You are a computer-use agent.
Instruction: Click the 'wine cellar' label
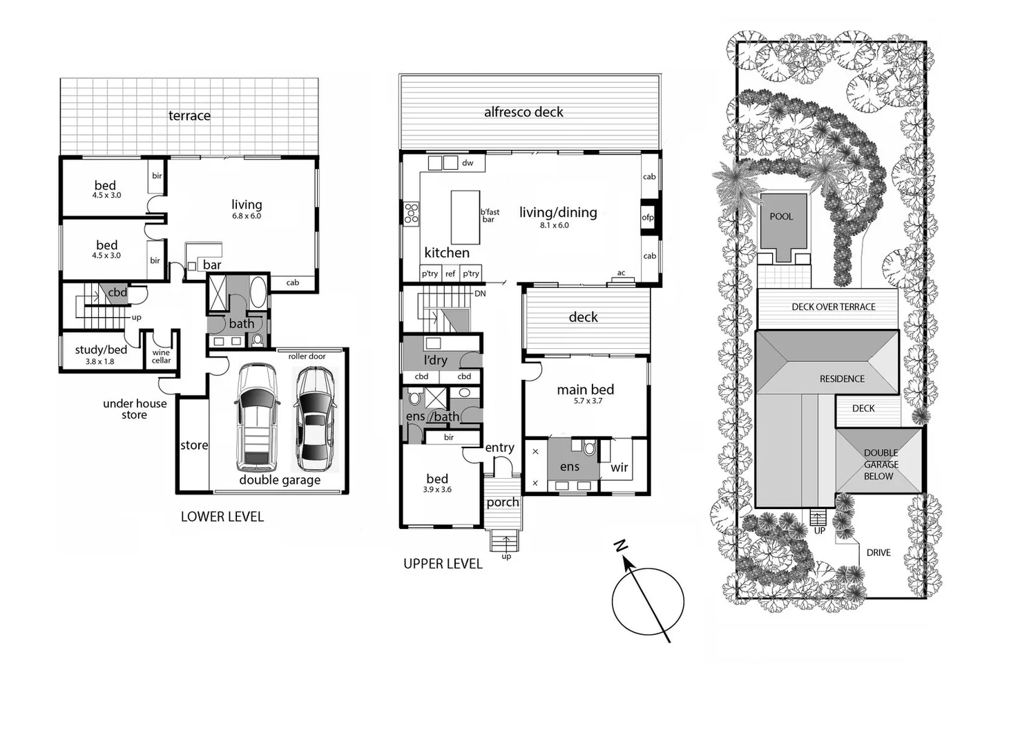[x=161, y=356]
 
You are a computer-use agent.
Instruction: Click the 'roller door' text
[x=307, y=356]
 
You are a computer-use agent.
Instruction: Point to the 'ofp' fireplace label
[x=648, y=218]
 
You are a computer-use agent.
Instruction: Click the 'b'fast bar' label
[x=490, y=216]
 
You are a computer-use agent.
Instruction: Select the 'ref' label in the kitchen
[x=450, y=274]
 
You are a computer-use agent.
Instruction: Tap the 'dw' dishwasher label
[x=468, y=163]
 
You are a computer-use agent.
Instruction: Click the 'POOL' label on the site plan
[x=781, y=216]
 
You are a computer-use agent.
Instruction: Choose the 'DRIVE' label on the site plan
[x=878, y=553]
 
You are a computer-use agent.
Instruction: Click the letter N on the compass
[x=621, y=546]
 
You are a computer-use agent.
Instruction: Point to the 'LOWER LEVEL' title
[x=222, y=517]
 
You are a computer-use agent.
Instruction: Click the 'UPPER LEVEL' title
[x=443, y=564]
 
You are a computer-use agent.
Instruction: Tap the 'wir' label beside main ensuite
[x=619, y=468]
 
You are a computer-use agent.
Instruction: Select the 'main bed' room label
[x=585, y=390]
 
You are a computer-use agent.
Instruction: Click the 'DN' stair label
[x=480, y=294]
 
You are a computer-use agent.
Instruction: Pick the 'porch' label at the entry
[x=502, y=502]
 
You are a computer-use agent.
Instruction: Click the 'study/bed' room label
[x=101, y=350]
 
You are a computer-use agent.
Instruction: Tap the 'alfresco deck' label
[x=523, y=112]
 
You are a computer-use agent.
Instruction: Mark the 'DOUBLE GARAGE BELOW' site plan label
[x=880, y=464]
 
